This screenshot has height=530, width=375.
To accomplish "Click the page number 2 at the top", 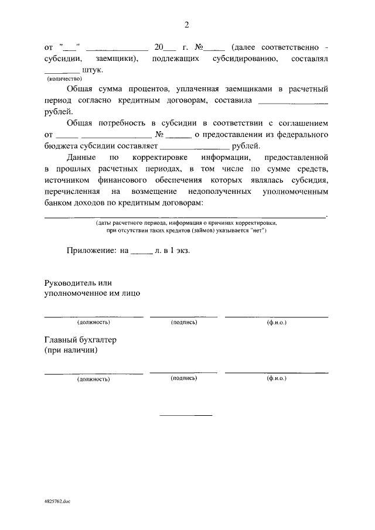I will [x=187, y=25].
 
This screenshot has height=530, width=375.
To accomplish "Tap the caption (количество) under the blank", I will [x=65, y=78].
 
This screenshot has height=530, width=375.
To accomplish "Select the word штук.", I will [x=93, y=70].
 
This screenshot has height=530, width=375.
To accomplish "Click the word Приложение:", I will [x=92, y=250].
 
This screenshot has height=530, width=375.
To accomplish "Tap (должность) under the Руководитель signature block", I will [x=94, y=323].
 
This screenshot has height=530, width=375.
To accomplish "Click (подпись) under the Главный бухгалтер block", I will [x=184, y=378].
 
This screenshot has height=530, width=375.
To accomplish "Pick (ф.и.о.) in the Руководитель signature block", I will [x=277, y=323].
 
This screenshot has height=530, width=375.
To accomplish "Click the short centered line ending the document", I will [x=186, y=415].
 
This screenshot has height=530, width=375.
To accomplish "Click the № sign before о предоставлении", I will [x=159, y=136].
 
